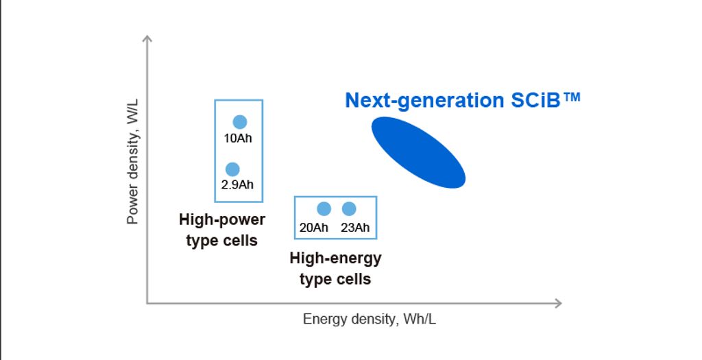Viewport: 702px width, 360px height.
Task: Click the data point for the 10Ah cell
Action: click(240, 122)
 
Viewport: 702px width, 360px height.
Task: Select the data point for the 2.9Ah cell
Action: click(232, 169)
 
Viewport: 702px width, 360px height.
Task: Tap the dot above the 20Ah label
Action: click(324, 208)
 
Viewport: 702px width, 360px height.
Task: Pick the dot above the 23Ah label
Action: click(349, 208)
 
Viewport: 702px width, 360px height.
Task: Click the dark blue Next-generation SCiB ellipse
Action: click(419, 152)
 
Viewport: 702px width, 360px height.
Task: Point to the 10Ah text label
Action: click(238, 139)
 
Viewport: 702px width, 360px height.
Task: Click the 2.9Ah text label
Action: click(237, 184)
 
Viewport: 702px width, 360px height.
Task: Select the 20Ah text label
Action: click(314, 228)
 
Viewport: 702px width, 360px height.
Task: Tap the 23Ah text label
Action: click(355, 228)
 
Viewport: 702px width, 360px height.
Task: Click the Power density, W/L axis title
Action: click(133, 162)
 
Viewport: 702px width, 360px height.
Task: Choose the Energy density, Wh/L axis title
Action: click(370, 320)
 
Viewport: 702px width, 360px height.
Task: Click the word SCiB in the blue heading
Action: click(535, 100)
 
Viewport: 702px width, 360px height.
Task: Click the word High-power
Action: click(222, 220)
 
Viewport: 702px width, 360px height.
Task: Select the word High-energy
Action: click(335, 259)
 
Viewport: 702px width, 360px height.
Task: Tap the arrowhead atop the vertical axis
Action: click(147, 38)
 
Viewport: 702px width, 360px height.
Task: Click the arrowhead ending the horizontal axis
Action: click(558, 303)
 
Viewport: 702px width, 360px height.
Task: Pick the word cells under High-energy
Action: click(353, 279)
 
